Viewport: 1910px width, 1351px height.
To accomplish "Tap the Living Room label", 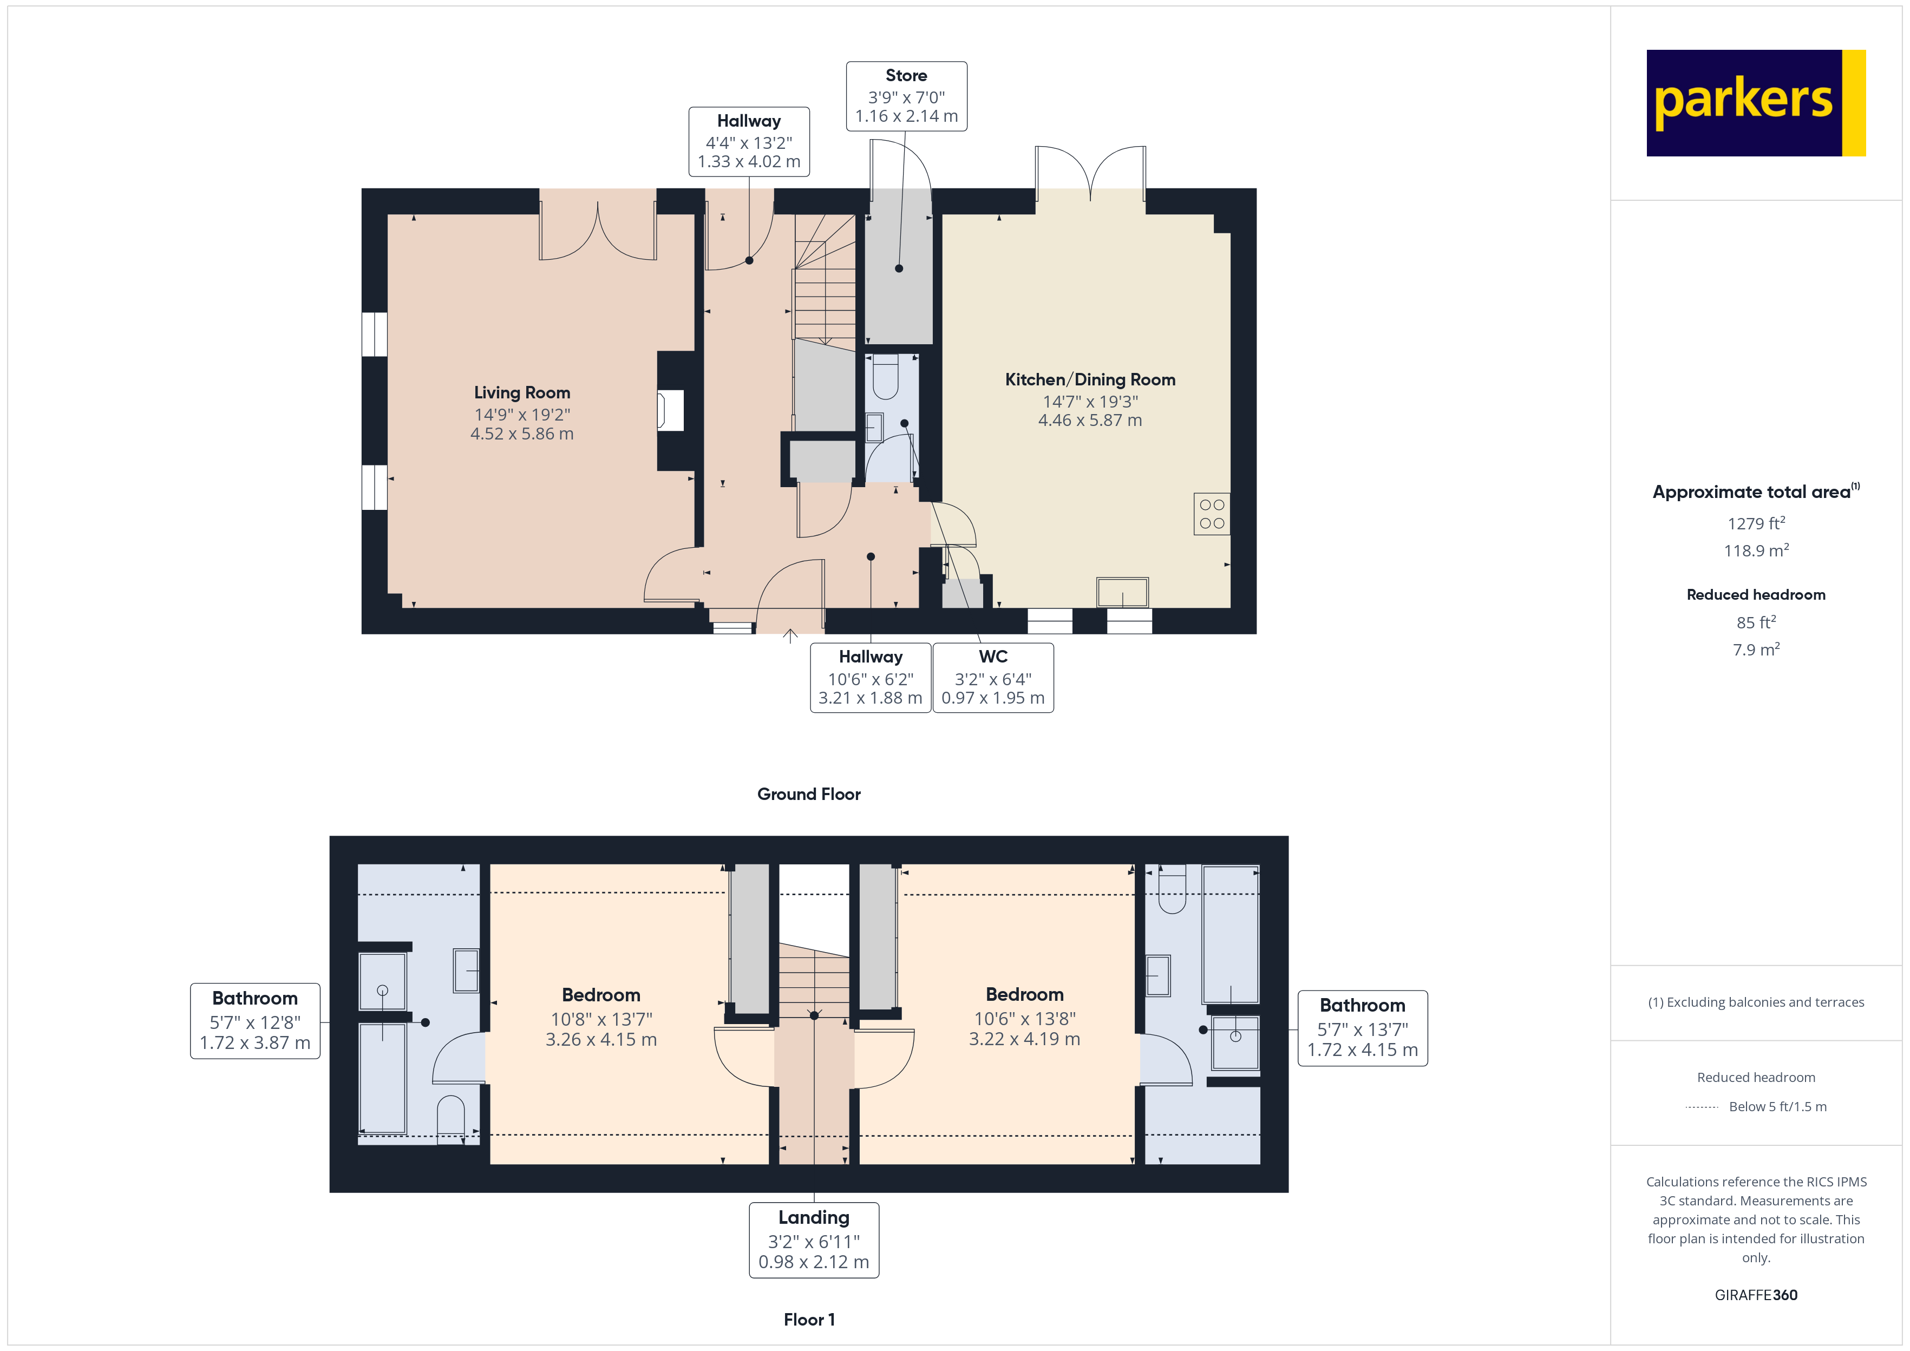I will pos(521,392).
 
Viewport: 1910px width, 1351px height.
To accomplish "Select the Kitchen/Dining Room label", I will pos(1090,379).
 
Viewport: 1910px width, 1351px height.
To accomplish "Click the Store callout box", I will pos(906,96).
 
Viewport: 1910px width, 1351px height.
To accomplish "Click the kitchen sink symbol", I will pos(1122,592).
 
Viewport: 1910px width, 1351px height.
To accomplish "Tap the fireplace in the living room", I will pos(670,411).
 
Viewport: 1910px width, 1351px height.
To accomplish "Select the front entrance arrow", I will pos(790,637).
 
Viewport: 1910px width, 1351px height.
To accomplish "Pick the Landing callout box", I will pos(814,1239).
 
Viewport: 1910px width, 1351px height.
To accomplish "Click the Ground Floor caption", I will pos(809,793).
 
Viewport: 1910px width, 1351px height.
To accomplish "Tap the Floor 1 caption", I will pos(809,1320).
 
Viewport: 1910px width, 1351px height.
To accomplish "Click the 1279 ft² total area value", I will pos(1755,523).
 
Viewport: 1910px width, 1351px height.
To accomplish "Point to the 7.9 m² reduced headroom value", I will pos(1755,650).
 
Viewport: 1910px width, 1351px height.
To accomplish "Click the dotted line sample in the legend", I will pos(1701,1107).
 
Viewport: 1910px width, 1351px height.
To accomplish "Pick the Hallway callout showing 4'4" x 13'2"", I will pos(749,141).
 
